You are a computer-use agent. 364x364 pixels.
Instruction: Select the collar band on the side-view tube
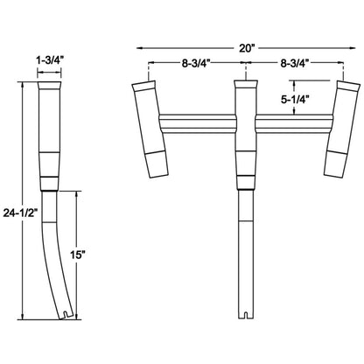tap(51, 185)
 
